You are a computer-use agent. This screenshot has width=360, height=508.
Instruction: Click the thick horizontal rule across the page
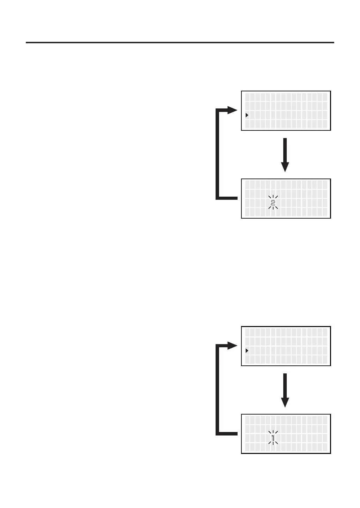click(180, 43)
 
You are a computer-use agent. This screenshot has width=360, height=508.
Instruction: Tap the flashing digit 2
click(273, 203)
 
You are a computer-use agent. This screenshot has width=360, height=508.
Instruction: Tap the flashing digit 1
click(273, 438)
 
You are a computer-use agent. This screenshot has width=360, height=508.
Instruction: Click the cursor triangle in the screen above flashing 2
click(247, 115)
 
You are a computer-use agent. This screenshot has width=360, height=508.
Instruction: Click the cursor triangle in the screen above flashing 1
click(247, 350)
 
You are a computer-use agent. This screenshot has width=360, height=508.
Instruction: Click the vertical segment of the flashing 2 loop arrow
click(217, 153)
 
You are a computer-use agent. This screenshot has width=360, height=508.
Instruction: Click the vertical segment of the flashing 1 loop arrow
click(217, 389)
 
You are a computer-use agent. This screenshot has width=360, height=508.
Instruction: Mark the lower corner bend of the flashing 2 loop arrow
click(218, 198)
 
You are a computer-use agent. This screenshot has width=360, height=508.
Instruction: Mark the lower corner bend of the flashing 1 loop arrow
click(218, 433)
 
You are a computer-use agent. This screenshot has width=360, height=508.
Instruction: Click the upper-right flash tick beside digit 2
click(277, 197)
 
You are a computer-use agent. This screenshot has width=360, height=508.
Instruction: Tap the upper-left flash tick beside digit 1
click(269, 433)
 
